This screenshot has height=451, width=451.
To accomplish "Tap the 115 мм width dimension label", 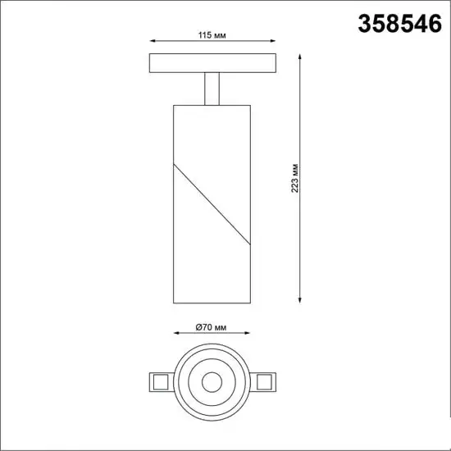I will (213, 35).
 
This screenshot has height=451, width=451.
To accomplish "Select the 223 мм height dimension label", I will (294, 177).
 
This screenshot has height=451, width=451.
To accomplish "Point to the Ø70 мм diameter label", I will (212, 326).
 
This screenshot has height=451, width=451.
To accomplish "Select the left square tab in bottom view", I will (160, 382).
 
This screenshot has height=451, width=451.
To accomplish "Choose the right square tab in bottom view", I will (266, 382).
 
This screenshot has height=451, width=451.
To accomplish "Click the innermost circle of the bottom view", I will (212, 382).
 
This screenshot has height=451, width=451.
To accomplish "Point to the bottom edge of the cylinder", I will (212, 301).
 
